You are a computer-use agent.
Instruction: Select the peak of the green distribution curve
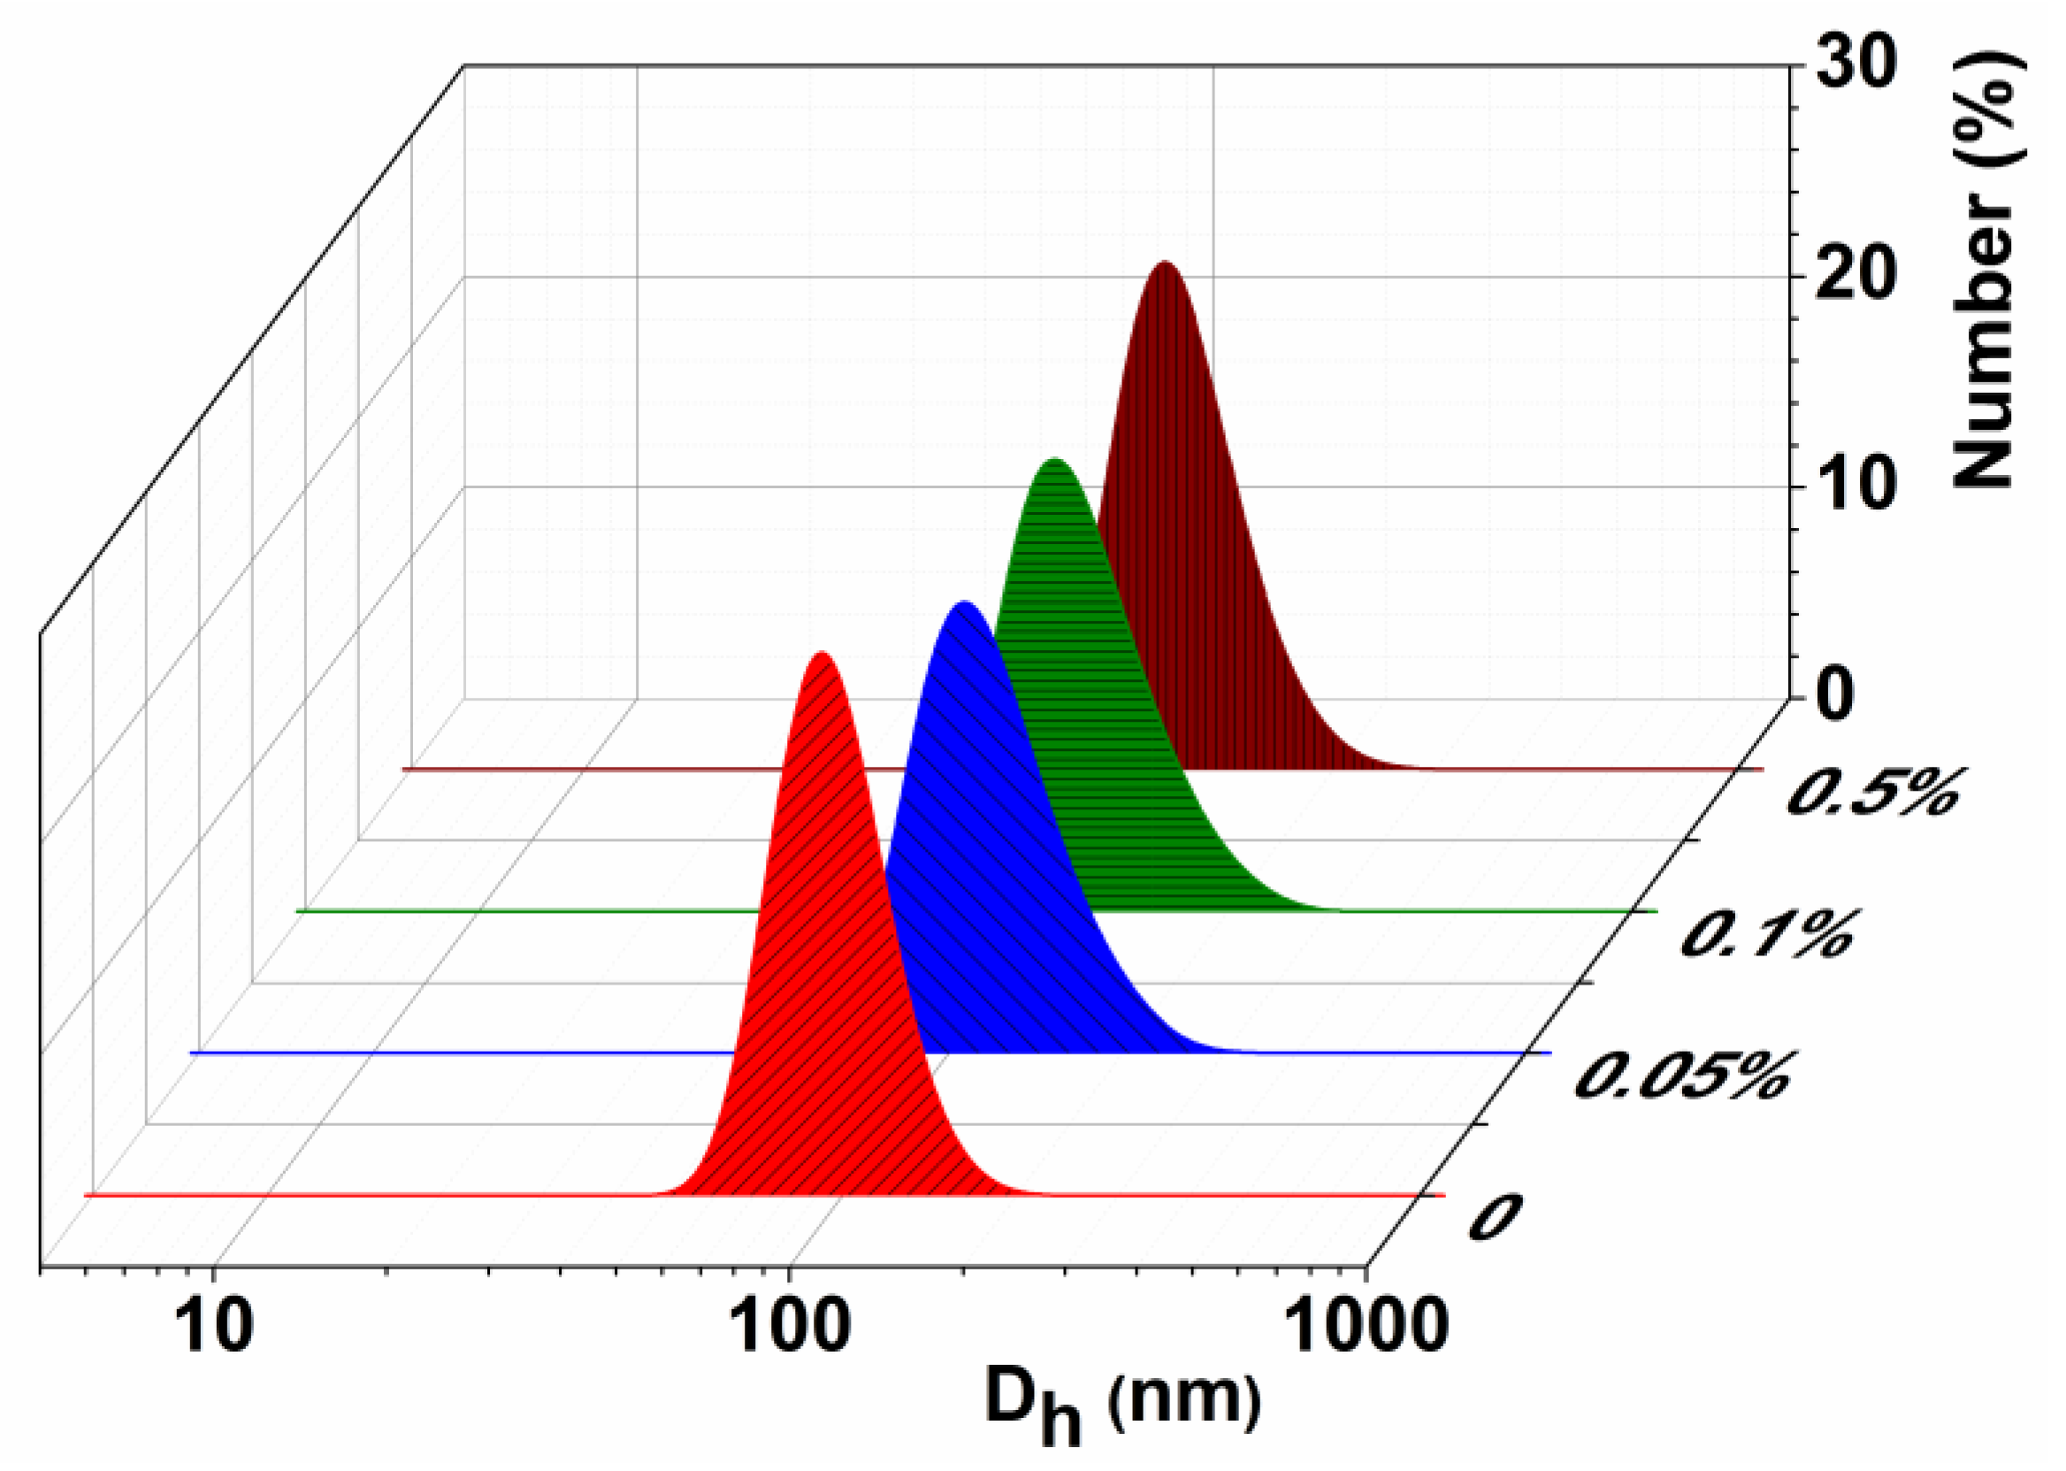tap(1053, 460)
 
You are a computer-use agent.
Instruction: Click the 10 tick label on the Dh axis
tap(214, 1328)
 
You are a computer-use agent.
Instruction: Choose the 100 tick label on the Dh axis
tap(791, 1328)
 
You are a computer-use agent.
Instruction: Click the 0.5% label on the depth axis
tap(1871, 792)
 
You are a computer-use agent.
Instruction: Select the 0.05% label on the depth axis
tap(1683, 1076)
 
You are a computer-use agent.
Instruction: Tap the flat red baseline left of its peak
tap(363, 1195)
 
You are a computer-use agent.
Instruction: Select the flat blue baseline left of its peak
tap(453, 1053)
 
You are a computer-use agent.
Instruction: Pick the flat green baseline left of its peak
tap(543, 911)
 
